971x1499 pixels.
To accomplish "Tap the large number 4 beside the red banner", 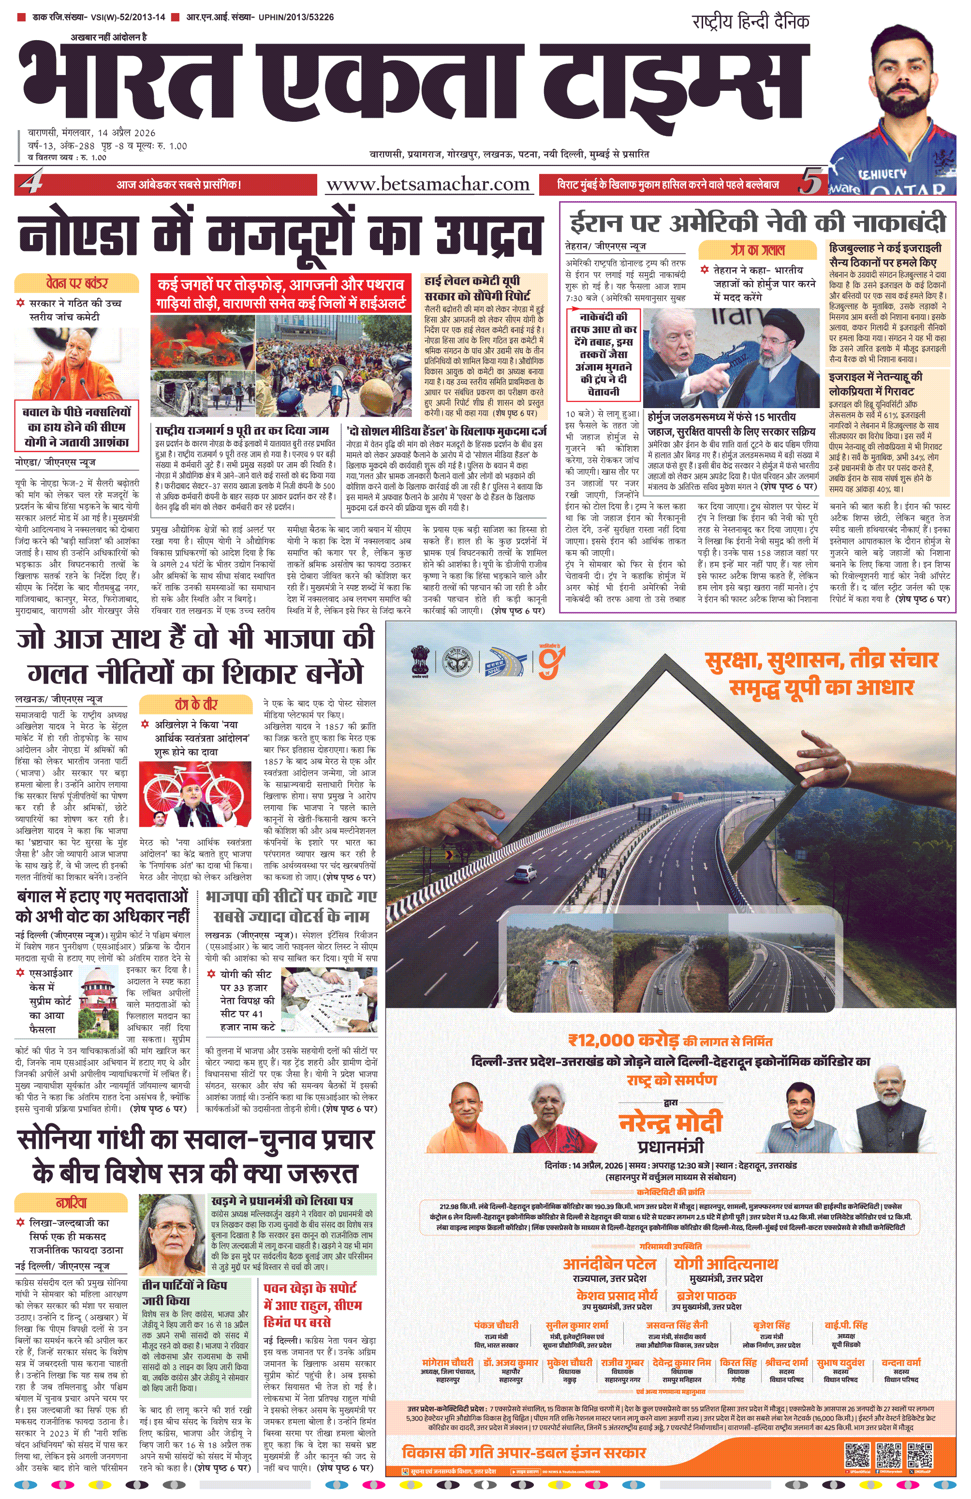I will (30, 183).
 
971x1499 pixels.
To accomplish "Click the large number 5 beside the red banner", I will (810, 183).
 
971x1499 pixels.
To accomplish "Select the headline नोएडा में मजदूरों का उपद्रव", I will (280, 235).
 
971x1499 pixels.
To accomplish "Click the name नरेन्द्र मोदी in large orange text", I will (670, 1123).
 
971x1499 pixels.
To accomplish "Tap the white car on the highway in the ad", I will (525, 873).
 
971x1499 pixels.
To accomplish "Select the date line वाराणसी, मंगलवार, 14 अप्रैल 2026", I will (91, 133).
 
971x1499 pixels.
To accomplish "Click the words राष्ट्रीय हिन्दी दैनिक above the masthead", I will (750, 21).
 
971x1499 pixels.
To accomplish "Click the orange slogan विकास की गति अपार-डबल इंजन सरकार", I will (524, 1453).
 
